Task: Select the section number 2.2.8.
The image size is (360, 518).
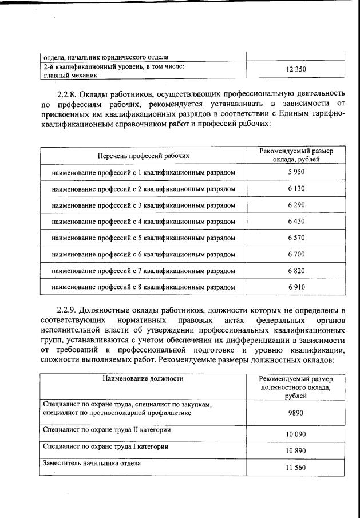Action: (70, 94)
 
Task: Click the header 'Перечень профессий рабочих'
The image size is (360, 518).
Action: (144, 155)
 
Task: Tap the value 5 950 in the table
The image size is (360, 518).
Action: (296, 172)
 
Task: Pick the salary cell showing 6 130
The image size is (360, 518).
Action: (296, 188)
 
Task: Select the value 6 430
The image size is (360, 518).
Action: (296, 221)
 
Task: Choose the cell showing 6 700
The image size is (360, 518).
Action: (296, 254)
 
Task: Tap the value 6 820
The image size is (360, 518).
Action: (296, 270)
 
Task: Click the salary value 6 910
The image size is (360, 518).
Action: (296, 286)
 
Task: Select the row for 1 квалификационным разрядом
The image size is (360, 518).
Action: (144, 172)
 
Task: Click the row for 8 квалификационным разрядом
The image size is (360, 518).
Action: (144, 286)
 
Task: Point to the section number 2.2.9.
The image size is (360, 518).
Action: (70, 310)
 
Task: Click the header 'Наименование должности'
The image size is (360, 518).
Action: (143, 379)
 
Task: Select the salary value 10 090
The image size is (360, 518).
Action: (296, 434)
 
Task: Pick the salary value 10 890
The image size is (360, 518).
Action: (296, 451)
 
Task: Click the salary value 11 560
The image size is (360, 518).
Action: (296, 468)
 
